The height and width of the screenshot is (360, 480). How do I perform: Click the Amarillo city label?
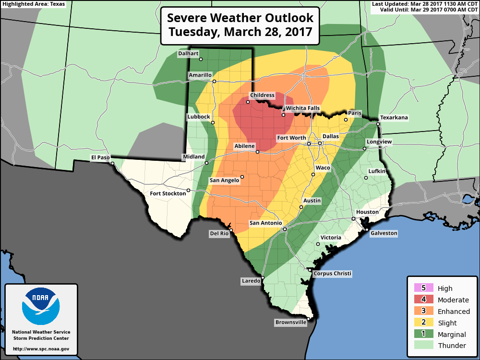[200, 75]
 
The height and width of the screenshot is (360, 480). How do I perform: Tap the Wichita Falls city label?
[302, 108]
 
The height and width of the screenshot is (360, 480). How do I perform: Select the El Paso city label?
[101, 157]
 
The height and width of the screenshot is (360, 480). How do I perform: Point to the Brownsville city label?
[290, 323]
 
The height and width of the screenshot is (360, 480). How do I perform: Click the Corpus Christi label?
[332, 274]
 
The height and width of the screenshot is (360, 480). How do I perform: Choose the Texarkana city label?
[394, 118]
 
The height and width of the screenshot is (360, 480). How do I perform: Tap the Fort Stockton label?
[168, 193]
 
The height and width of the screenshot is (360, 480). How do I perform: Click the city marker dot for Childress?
[248, 102]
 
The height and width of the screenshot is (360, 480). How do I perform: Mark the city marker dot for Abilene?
[257, 152]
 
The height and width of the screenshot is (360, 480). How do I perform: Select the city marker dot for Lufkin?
[366, 178]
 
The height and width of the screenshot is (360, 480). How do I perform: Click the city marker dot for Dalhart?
[201, 60]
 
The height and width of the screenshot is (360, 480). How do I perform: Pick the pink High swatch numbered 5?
[423, 288]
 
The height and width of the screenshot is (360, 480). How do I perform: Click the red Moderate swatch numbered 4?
[423, 300]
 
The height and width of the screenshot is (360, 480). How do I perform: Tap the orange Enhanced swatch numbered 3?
[423, 311]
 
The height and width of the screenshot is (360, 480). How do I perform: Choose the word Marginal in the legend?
[452, 335]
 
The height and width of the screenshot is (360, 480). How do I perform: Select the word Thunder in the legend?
[452, 346]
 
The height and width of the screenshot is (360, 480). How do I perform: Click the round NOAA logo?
[41, 306]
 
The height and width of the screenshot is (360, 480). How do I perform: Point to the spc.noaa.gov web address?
[41, 349]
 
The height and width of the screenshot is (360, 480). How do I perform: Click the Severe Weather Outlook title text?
[240, 18]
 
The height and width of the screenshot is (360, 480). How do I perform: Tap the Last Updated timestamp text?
[425, 4]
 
